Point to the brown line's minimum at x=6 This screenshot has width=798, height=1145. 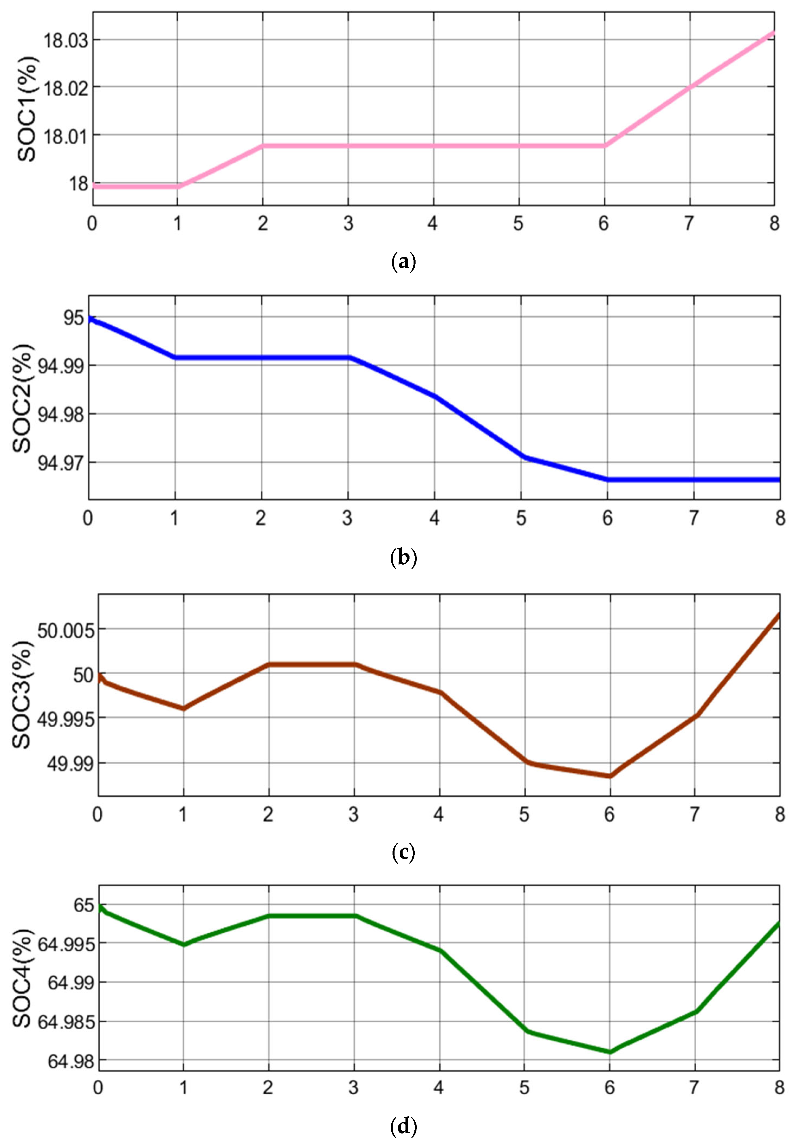[609, 776]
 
